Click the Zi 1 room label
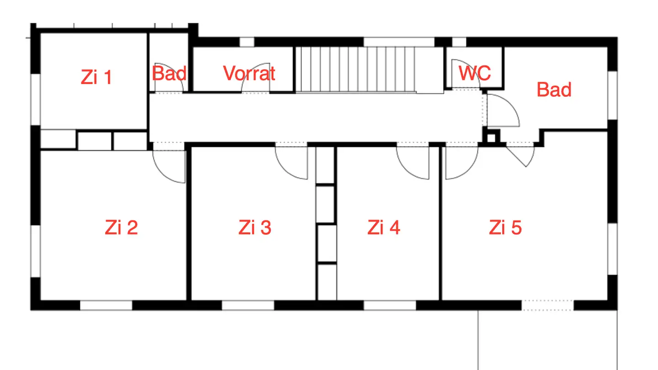tap(96, 77)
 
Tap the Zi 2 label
tap(121, 227)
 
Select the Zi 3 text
tap(255, 227)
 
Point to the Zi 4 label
tap(383, 227)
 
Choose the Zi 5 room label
tap(505, 227)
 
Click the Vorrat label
tap(249, 73)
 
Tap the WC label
tap(475, 73)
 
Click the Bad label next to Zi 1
tap(169, 73)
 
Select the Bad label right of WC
tap(554, 90)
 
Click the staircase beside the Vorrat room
tap(356, 69)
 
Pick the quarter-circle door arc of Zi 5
tap(461, 163)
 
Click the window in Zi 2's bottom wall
tap(106, 305)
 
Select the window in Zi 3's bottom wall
tap(248, 305)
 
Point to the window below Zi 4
tap(390, 305)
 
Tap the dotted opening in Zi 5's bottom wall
tap(547, 305)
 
